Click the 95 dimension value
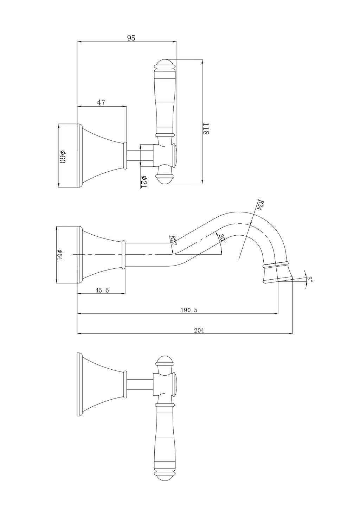click(131, 38)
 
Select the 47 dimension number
click(101, 103)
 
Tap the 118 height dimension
click(205, 129)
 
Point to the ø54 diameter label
click(59, 255)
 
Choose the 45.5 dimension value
click(102, 290)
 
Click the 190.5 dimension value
click(189, 310)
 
